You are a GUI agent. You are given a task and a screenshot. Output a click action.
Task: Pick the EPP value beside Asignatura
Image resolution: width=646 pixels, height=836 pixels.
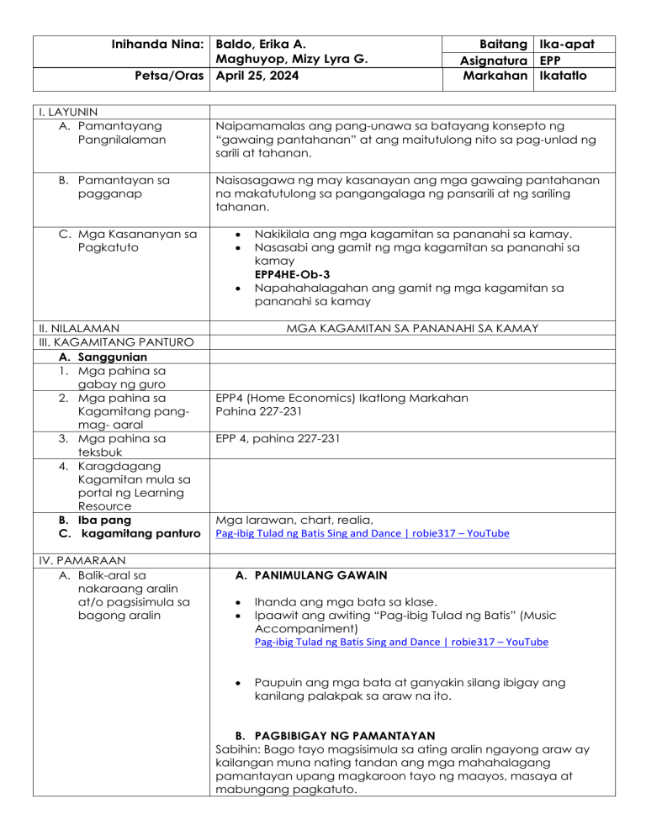pyautogui.click(x=552, y=60)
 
